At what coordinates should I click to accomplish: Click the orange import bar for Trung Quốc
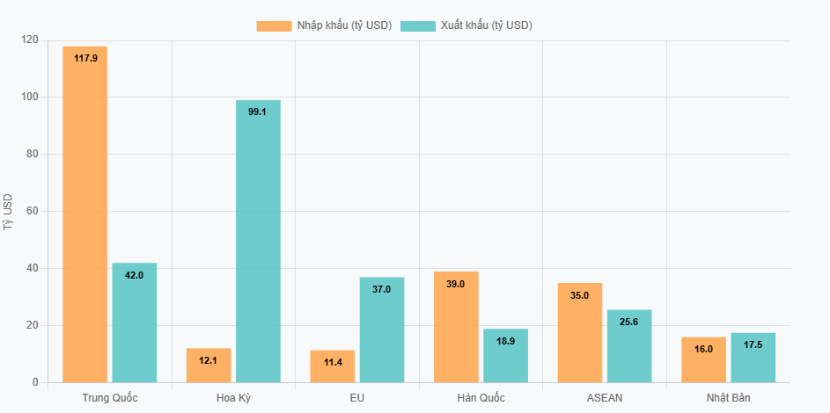pyautogui.click(x=84, y=214)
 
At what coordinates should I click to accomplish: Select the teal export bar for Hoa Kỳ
pyautogui.click(x=258, y=241)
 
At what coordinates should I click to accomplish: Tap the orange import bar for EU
pyautogui.click(x=332, y=366)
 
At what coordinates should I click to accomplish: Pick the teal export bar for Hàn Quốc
pyautogui.click(x=505, y=355)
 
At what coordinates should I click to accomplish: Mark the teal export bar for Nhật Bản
pyautogui.click(x=753, y=358)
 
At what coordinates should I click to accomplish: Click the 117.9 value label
pyautogui.click(x=85, y=58)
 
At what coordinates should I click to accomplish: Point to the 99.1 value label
pyautogui.click(x=258, y=112)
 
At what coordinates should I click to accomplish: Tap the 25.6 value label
pyautogui.click(x=628, y=322)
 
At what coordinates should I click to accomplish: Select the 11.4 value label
pyautogui.click(x=333, y=362)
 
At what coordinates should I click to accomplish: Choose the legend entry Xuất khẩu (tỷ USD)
pyautogui.click(x=466, y=25)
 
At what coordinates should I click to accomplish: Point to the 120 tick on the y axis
pyautogui.click(x=30, y=40)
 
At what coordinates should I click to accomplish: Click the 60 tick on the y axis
pyautogui.click(x=33, y=211)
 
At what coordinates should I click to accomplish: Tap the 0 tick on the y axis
pyautogui.click(x=35, y=382)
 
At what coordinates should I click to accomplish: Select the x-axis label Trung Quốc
pyautogui.click(x=110, y=398)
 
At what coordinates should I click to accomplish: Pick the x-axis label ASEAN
pyautogui.click(x=604, y=398)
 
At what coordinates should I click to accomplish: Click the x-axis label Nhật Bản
pyautogui.click(x=728, y=398)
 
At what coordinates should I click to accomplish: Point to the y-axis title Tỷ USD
pyautogui.click(x=9, y=211)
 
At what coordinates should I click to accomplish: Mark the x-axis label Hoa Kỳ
pyautogui.click(x=233, y=398)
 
